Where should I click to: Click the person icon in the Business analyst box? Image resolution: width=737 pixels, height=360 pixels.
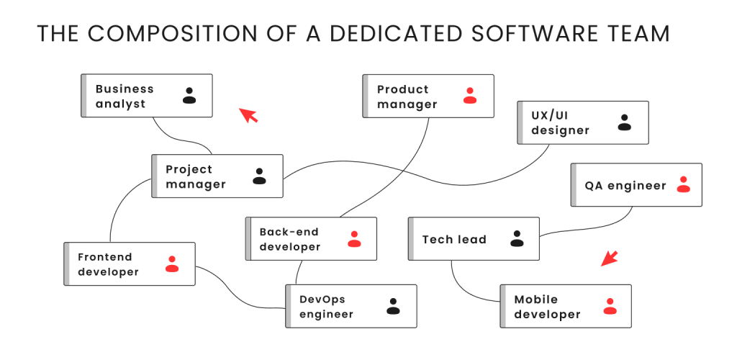(189, 96)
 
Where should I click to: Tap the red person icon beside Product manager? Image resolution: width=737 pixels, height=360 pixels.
(470, 96)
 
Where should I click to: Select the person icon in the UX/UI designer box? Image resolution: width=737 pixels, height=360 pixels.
(624, 122)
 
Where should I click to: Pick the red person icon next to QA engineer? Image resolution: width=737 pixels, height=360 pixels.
(684, 184)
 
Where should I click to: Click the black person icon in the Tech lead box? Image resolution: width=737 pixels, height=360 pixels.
(517, 238)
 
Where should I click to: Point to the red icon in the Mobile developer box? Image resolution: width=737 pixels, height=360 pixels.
(610, 306)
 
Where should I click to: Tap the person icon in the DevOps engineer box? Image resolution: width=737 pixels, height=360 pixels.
(393, 306)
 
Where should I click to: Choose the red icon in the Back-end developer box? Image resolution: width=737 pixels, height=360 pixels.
(354, 239)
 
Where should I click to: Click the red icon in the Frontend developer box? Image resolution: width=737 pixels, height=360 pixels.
(172, 264)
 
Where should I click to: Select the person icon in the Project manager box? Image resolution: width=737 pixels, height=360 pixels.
(259, 176)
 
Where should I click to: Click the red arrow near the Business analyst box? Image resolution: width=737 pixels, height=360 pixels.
(248, 115)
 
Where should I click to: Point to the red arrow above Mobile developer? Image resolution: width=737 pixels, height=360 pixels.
(609, 258)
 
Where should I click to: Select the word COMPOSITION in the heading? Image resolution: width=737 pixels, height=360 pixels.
(171, 34)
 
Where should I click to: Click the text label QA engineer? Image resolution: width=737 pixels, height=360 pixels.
(625, 186)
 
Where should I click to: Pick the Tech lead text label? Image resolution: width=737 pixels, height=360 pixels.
(454, 239)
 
